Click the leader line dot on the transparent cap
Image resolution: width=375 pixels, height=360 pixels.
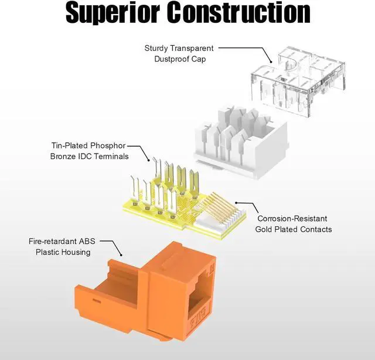[271, 61]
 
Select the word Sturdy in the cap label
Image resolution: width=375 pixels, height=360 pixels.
[157, 48]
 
